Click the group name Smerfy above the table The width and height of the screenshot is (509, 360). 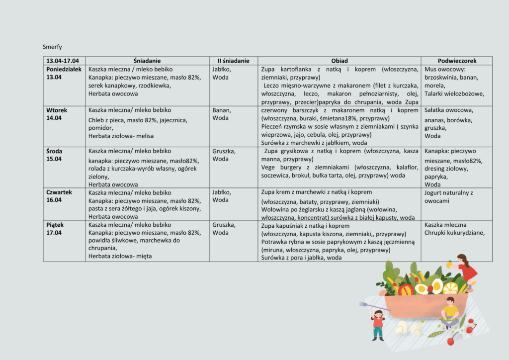coord(52,47)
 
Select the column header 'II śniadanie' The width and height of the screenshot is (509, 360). coord(233,61)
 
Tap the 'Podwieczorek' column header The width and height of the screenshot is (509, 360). coord(457,61)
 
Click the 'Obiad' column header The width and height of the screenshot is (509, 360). coord(339,61)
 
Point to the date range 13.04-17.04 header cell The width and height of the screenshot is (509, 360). coord(63,61)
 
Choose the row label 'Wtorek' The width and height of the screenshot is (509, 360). coord(57,110)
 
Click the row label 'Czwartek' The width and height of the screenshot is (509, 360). coord(59,192)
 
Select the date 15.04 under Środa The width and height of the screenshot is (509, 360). coord(54,159)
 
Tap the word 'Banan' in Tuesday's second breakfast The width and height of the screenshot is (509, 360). coord(221,110)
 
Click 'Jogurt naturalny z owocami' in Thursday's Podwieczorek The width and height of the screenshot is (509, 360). coord(449,196)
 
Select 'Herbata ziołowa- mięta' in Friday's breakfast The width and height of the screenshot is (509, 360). coord(120,256)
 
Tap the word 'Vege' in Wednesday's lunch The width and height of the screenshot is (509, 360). coord(269,168)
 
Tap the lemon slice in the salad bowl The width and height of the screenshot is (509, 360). coord(450,287)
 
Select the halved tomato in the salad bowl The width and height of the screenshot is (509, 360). coord(406,289)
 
